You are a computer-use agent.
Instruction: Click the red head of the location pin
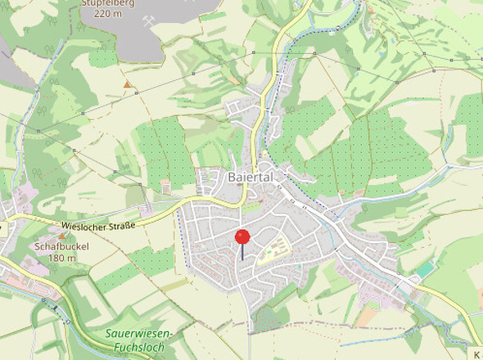pyautogui.click(x=242, y=236)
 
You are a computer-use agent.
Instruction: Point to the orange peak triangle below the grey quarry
pyautogui.click(x=127, y=84)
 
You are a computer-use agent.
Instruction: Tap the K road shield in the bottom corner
pyautogui.click(x=476, y=353)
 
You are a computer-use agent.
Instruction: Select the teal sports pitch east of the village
pyautogui.click(x=425, y=269)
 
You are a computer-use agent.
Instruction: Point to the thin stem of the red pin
pyautogui.click(x=242, y=253)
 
